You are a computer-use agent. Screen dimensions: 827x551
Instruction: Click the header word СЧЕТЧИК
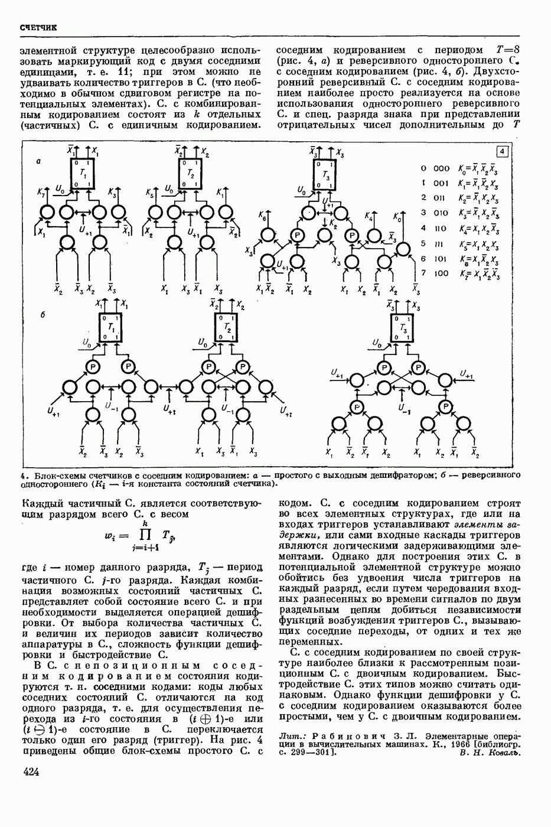(38, 28)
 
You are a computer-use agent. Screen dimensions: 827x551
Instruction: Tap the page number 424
(31, 771)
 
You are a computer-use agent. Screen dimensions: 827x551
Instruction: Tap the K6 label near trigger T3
(262, 218)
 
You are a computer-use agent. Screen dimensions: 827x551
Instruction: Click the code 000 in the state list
(441, 168)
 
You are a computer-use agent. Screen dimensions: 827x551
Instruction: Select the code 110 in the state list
(441, 228)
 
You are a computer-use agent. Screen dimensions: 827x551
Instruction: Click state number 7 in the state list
(423, 273)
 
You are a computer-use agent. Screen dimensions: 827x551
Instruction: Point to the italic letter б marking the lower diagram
(43, 315)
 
